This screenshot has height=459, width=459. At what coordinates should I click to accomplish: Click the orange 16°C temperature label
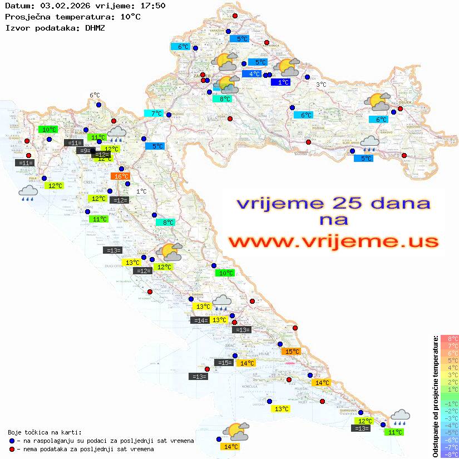[x=120, y=176]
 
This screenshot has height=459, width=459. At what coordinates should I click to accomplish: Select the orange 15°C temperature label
[x=292, y=352]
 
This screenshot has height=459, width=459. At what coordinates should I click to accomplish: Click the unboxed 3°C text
[x=321, y=85]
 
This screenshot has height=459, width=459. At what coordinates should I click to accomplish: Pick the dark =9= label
[x=84, y=151]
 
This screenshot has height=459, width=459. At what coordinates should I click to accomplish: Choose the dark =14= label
[x=199, y=320]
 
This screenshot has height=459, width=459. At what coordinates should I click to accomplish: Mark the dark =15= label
[x=224, y=363]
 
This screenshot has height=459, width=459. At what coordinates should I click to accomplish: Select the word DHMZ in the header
[x=95, y=27]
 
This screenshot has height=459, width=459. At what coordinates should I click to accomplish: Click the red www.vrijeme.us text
[x=333, y=241]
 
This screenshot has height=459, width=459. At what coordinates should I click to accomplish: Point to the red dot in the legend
[x=12, y=449]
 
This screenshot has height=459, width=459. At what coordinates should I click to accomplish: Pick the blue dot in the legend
[x=12, y=441]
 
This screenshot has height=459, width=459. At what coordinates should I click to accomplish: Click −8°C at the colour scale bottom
[x=449, y=455]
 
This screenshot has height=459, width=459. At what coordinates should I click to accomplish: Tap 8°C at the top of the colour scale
[x=449, y=339]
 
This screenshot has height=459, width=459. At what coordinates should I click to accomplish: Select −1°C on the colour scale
[x=449, y=404]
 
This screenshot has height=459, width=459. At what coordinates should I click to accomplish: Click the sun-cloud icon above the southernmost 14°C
[x=234, y=432]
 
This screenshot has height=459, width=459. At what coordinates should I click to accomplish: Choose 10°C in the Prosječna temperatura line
[x=130, y=17]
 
